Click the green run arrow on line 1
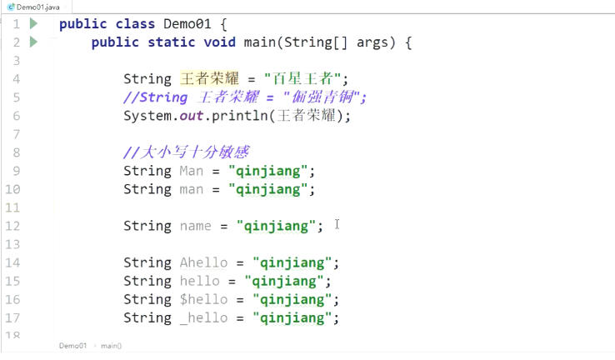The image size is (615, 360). [x=33, y=23]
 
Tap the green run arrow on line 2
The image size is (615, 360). [x=33, y=42]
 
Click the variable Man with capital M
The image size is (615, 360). [x=191, y=171]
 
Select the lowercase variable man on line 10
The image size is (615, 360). [x=191, y=189]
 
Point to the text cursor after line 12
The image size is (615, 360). [x=337, y=225]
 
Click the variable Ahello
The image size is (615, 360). [x=203, y=262]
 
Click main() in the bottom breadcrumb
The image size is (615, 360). [x=111, y=345]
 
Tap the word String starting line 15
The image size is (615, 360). [x=147, y=281]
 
